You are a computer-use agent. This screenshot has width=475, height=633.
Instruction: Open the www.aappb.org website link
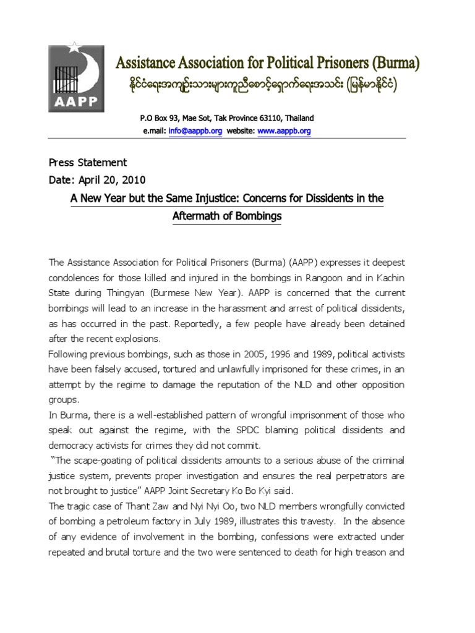point(284,131)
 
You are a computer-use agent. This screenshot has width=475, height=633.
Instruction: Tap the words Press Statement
point(88,163)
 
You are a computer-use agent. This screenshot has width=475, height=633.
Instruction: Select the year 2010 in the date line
point(134,180)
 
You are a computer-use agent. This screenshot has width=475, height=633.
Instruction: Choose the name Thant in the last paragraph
point(126,505)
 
